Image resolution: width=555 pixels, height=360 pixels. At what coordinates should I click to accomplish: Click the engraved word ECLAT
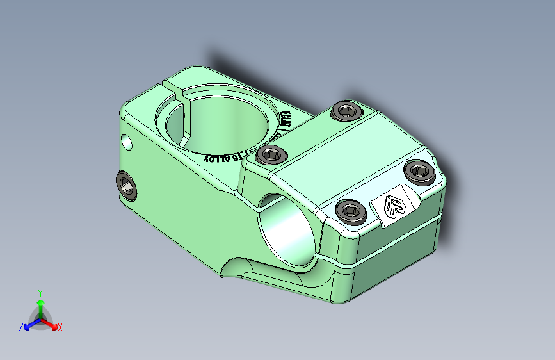point(286,121)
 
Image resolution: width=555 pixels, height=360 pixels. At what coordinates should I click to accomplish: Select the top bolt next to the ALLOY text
point(271,154)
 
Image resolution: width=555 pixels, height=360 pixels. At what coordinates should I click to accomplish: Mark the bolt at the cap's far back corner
point(346,111)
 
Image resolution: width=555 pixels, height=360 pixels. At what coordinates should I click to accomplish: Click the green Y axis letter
point(40,291)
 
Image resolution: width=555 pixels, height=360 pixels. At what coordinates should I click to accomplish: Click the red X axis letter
point(60,328)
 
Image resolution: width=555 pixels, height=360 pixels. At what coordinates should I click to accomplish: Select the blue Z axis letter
point(21,327)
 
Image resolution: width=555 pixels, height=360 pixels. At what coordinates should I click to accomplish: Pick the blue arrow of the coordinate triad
point(29,324)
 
